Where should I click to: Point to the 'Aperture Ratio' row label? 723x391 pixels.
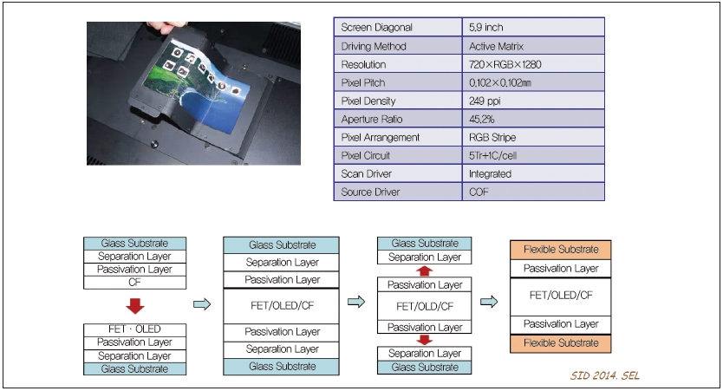click(398, 119)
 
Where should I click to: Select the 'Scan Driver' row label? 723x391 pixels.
click(398, 173)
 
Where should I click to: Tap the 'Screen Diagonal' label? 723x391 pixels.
click(398, 28)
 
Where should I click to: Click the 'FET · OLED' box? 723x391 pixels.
click(134, 329)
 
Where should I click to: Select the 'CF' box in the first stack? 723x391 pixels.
click(134, 282)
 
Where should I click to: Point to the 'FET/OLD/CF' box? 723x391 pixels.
click(425, 306)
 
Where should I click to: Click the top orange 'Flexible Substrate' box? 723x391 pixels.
click(562, 249)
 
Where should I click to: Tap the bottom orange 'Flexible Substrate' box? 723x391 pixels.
click(562, 343)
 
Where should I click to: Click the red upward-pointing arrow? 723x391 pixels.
click(425, 270)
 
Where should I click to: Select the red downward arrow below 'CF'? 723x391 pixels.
click(134, 306)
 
